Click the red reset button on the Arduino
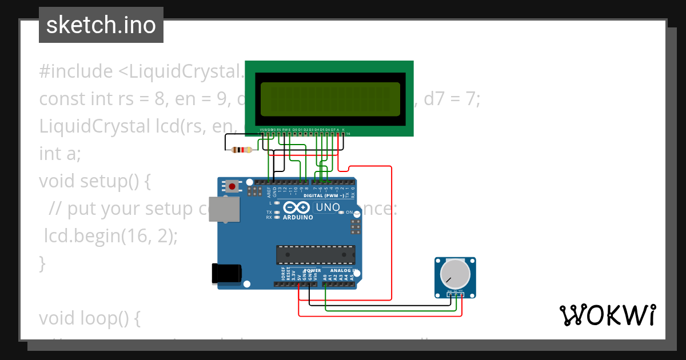pyautogui.click(x=233, y=186)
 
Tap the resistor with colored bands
pyautogui.click(x=241, y=150)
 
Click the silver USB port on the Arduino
pyautogui.click(x=224, y=209)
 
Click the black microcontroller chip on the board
pyautogui.click(x=316, y=255)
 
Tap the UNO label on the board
pyautogui.click(x=328, y=207)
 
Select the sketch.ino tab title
pyautogui.click(x=101, y=25)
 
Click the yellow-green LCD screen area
pyautogui.click(x=330, y=98)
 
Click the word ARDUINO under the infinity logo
pyautogui.click(x=297, y=217)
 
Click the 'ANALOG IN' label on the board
pyautogui.click(x=343, y=271)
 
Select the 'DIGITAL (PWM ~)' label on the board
pyautogui.click(x=324, y=195)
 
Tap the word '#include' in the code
pyautogui.click(x=76, y=71)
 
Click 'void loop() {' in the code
pyautogui.click(x=89, y=318)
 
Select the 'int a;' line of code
pyautogui.click(x=60, y=154)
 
